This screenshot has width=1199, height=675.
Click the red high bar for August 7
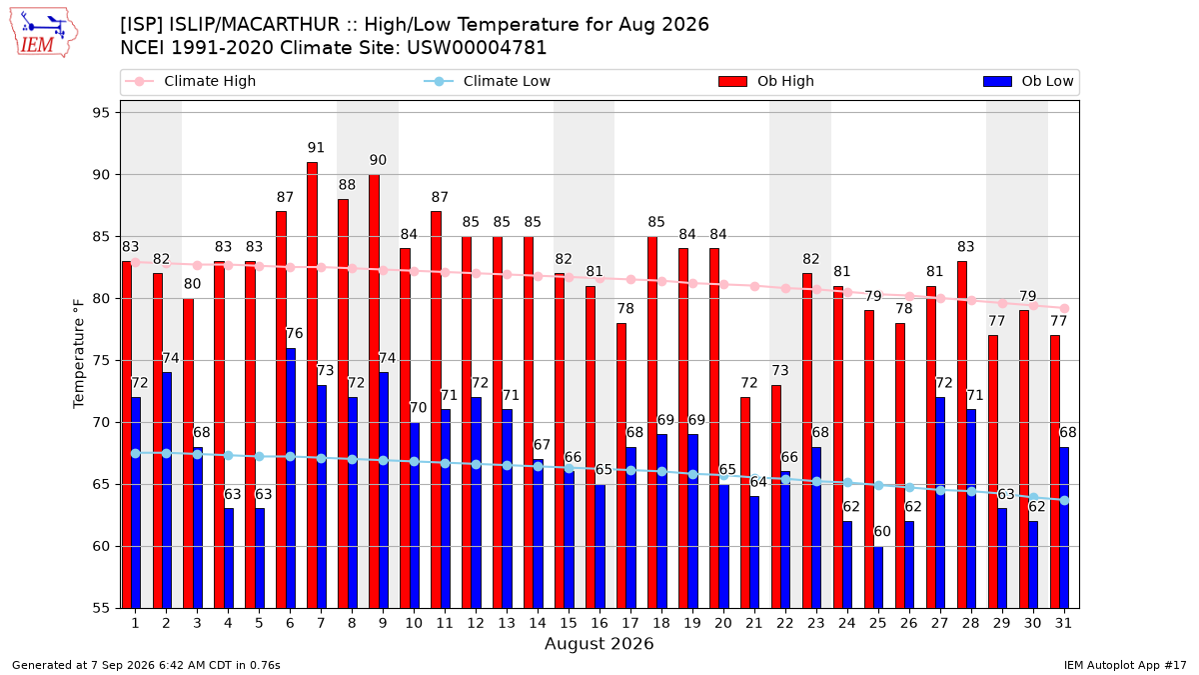click(x=312, y=385)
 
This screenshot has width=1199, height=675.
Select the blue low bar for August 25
click(x=878, y=578)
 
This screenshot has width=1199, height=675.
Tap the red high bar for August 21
click(x=745, y=503)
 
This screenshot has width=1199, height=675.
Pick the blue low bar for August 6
click(x=291, y=478)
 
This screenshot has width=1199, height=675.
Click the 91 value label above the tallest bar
click(x=316, y=147)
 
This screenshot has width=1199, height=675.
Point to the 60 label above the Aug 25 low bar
click(x=882, y=531)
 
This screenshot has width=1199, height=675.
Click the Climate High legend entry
click(x=190, y=81)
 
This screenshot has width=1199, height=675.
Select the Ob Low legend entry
click(x=1028, y=81)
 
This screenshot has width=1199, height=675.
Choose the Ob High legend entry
click(x=766, y=81)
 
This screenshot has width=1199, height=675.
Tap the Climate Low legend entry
click(x=488, y=81)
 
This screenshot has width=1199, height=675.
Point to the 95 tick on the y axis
click(x=101, y=112)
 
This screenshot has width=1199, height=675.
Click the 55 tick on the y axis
click(x=101, y=609)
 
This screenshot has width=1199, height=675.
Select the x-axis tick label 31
click(x=1063, y=623)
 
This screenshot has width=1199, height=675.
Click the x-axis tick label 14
click(x=538, y=623)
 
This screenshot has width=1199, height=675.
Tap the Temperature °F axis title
click(x=79, y=354)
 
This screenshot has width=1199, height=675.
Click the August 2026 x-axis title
click(x=599, y=643)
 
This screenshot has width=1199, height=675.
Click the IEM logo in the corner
click(x=43, y=32)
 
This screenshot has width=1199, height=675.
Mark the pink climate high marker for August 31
click(x=1064, y=309)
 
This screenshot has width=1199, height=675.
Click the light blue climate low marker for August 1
click(x=136, y=453)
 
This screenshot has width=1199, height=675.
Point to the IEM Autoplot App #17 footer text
click(x=1125, y=665)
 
